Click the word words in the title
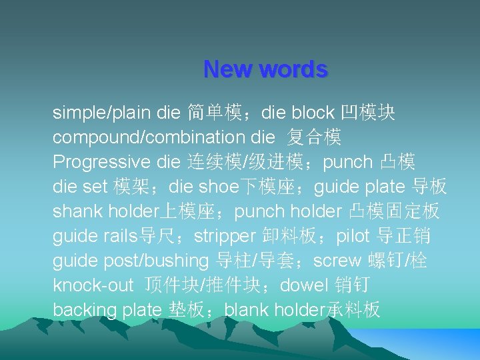[x=293, y=69]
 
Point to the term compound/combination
[x=149, y=137]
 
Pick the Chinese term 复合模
[x=315, y=137]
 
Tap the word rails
[x=119, y=236]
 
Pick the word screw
[x=335, y=261]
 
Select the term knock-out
[x=93, y=285]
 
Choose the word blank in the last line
[x=247, y=310]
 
